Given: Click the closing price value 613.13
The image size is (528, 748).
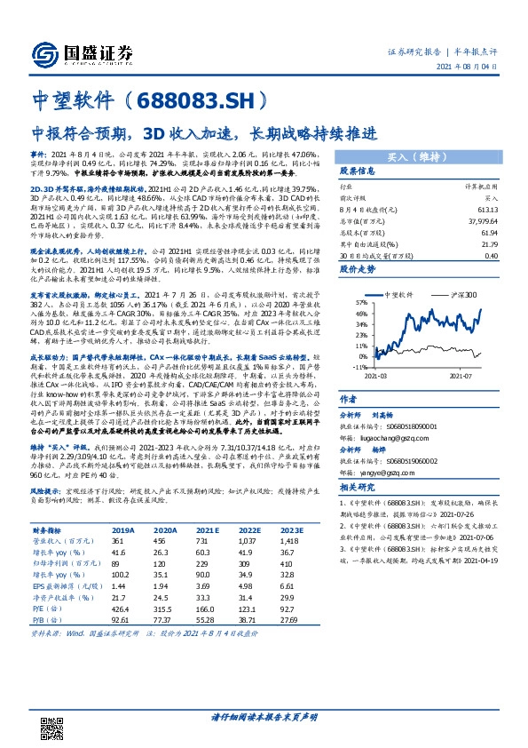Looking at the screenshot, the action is point(487,209).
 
